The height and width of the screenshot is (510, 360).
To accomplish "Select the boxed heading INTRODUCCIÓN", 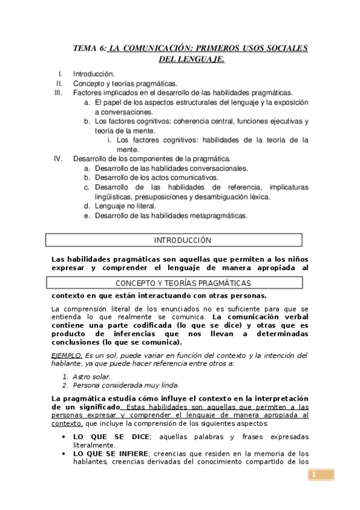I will click(x=183, y=240).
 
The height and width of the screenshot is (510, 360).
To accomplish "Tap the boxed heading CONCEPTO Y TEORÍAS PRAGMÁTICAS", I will click(x=183, y=283).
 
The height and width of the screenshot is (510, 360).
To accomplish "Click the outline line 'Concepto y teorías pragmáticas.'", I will click(x=125, y=84).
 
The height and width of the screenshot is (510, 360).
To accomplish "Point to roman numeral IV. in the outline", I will click(x=58, y=159).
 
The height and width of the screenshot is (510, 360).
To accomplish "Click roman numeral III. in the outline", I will click(x=58, y=93).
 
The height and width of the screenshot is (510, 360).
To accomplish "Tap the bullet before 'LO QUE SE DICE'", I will click(x=63, y=437).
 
